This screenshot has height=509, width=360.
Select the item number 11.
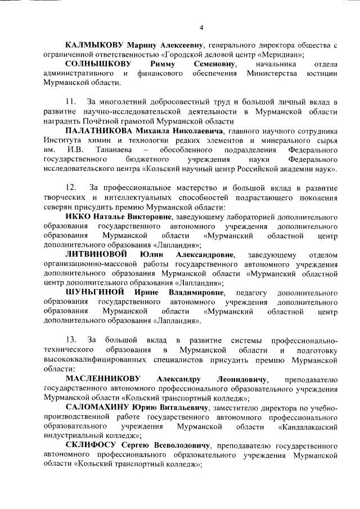pos(71,102)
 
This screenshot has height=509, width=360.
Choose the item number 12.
pos(71,187)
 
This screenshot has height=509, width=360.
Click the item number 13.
pos(71,340)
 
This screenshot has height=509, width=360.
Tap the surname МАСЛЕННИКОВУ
pos(103,379)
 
